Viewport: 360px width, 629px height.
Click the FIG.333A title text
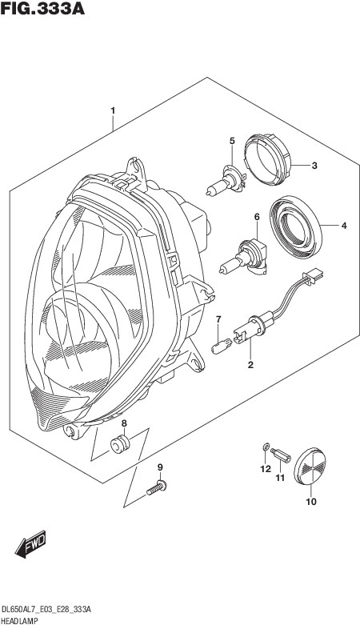tap(43, 8)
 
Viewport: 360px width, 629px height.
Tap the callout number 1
tap(113, 110)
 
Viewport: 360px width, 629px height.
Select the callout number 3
tap(314, 166)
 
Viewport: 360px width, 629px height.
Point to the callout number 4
tap(343, 226)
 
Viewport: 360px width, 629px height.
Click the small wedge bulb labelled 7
tap(222, 347)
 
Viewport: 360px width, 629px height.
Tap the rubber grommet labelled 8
tap(120, 443)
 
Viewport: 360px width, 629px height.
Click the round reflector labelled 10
tap(310, 467)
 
